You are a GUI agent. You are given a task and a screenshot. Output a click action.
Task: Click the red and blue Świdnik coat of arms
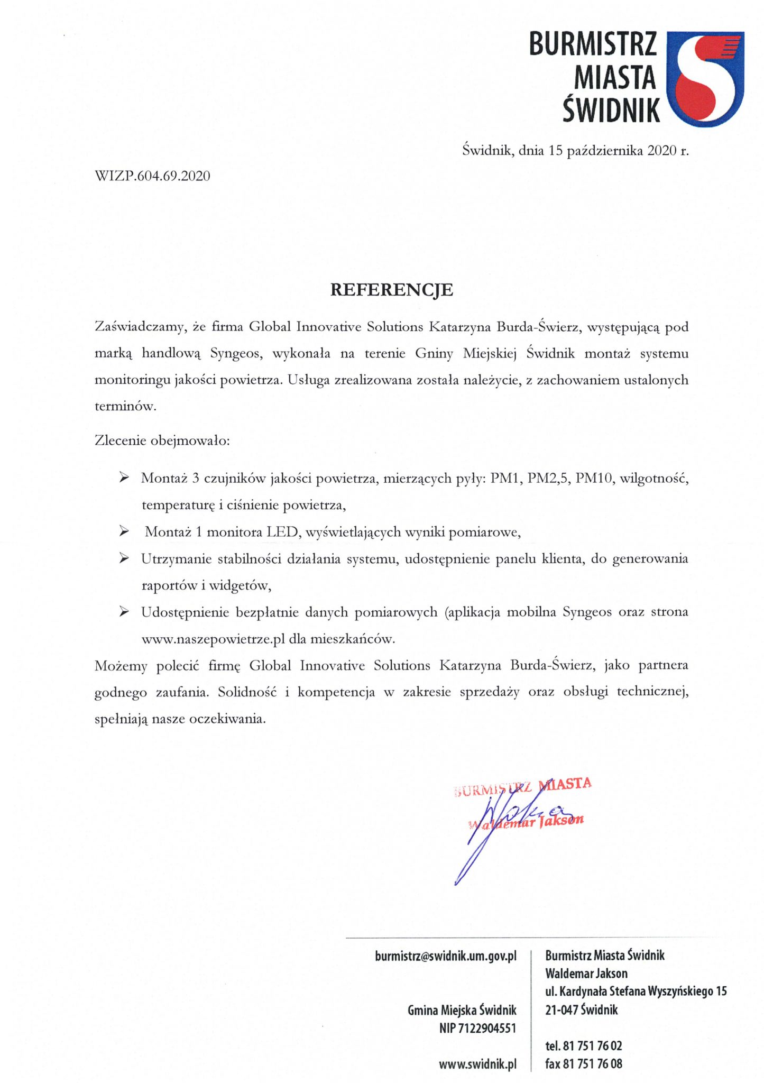coord(705,78)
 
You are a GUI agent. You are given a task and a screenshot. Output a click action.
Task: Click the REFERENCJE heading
coord(391,290)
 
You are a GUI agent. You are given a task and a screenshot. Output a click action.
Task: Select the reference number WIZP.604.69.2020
coord(152,176)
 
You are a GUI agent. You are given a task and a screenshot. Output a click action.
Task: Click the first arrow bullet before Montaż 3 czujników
coord(124,478)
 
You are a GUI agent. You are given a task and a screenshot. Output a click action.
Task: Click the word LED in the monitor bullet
coord(283,532)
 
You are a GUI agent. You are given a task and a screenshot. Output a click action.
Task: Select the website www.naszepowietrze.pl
coord(213,639)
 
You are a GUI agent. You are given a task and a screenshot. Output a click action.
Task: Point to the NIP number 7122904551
coord(487,1029)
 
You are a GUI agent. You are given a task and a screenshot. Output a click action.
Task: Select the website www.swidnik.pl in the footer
coord(477,1064)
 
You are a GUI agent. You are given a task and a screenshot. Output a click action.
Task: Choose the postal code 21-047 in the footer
coord(562,1010)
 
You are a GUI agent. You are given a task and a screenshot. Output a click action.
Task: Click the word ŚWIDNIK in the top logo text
coord(611,109)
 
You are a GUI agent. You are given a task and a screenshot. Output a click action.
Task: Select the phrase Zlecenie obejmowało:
coord(162,440)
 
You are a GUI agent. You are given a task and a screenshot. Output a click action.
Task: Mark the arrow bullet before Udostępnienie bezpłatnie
coord(124,612)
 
